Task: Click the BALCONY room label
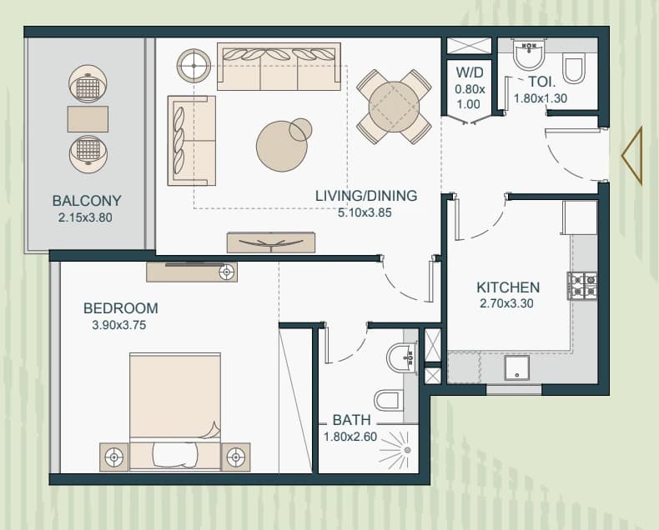point(87,200)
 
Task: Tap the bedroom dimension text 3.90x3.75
point(119,325)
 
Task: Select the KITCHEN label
point(508,287)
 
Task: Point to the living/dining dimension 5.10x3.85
point(365,212)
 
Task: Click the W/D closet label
point(470,72)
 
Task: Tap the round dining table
point(394,107)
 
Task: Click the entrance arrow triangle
point(632,156)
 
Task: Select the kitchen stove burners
point(582,286)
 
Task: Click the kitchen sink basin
point(516,368)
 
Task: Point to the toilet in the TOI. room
point(574,67)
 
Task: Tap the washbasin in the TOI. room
point(529,55)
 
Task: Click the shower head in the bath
point(407,450)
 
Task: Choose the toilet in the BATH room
point(389,401)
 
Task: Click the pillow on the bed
point(175,455)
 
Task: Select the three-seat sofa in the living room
point(279,67)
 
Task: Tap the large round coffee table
point(282,146)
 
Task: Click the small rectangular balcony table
point(88,119)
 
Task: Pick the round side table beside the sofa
point(194,66)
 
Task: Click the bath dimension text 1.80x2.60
point(350,437)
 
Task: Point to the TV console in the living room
point(270,242)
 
